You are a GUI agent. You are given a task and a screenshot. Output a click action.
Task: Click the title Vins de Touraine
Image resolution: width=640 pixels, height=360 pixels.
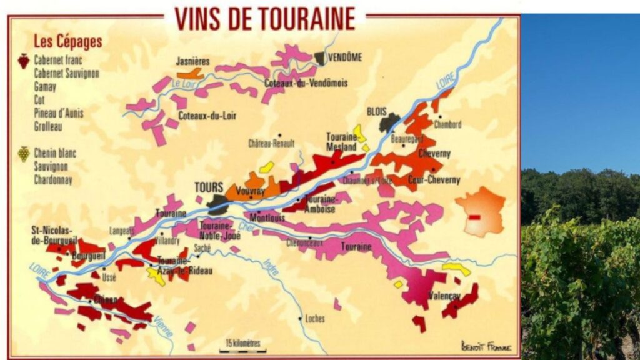265,19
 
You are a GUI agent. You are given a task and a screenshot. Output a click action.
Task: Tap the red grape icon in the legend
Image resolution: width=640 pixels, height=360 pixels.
23,61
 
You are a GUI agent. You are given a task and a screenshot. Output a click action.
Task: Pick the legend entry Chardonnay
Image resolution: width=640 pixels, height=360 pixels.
53,180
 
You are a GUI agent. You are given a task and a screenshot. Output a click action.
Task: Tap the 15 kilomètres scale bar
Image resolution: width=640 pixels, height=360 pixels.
242,346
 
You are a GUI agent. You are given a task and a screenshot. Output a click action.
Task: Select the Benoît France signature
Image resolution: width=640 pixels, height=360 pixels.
486,346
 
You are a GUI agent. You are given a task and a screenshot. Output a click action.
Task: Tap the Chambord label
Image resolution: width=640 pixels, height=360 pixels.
448,124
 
